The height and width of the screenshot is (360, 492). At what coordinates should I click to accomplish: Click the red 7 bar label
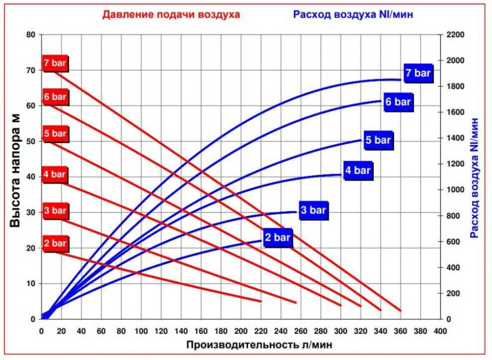coord(55,63)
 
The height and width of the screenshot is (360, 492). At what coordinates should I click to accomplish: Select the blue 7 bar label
coord(418,73)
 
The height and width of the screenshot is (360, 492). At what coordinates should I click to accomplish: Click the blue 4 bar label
coord(357,170)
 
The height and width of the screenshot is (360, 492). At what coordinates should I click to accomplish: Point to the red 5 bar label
coord(55,134)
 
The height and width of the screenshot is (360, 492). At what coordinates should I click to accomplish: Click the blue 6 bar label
coord(398,102)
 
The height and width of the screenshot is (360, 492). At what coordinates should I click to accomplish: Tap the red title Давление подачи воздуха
coord(171,14)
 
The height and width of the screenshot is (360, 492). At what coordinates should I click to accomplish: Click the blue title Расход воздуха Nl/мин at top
coord(353,14)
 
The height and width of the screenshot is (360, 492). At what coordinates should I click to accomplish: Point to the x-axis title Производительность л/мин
coord(259,345)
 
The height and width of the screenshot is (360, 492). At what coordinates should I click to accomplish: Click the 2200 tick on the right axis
coord(455,35)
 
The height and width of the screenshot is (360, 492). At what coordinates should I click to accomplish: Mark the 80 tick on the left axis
coord(31,35)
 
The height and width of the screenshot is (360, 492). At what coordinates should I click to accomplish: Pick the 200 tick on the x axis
coord(241,331)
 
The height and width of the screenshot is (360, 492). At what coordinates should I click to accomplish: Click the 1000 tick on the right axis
coord(455,190)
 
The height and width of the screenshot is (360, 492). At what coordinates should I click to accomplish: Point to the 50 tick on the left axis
coord(31,141)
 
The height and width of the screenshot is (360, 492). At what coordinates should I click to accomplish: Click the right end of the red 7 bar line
coord(400,310)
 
